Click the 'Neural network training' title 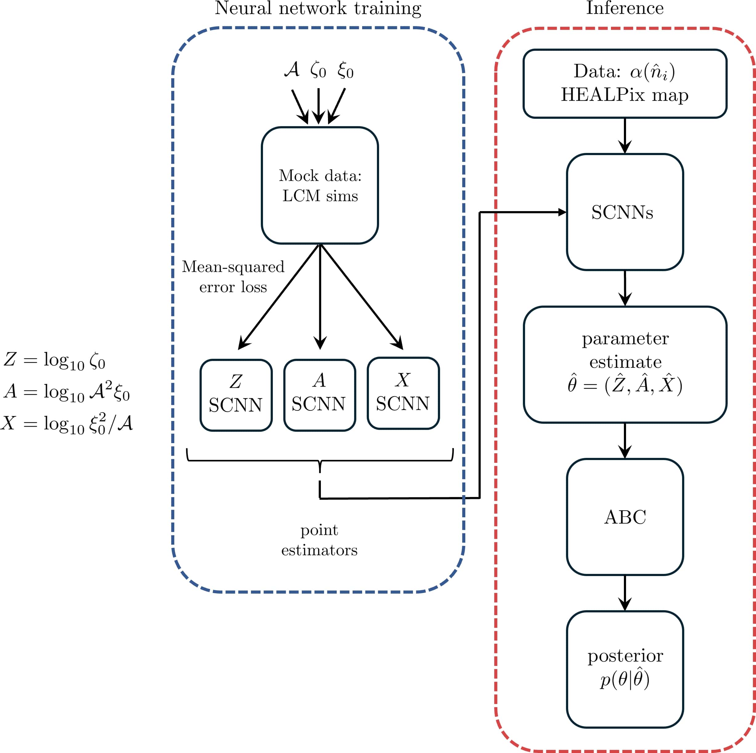click(x=318, y=9)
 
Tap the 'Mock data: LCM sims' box click(x=320, y=185)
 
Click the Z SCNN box click(x=236, y=395)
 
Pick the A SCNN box click(x=319, y=395)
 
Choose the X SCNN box click(x=403, y=393)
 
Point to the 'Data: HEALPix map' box click(x=625, y=83)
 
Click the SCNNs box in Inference click(x=625, y=212)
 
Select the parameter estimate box click(x=625, y=364)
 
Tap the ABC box click(x=625, y=517)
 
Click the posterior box click(x=625, y=669)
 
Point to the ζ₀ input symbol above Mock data click(x=318, y=70)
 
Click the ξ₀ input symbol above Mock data click(x=345, y=70)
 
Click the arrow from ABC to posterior click(x=625, y=593)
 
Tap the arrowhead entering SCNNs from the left click(x=562, y=212)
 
